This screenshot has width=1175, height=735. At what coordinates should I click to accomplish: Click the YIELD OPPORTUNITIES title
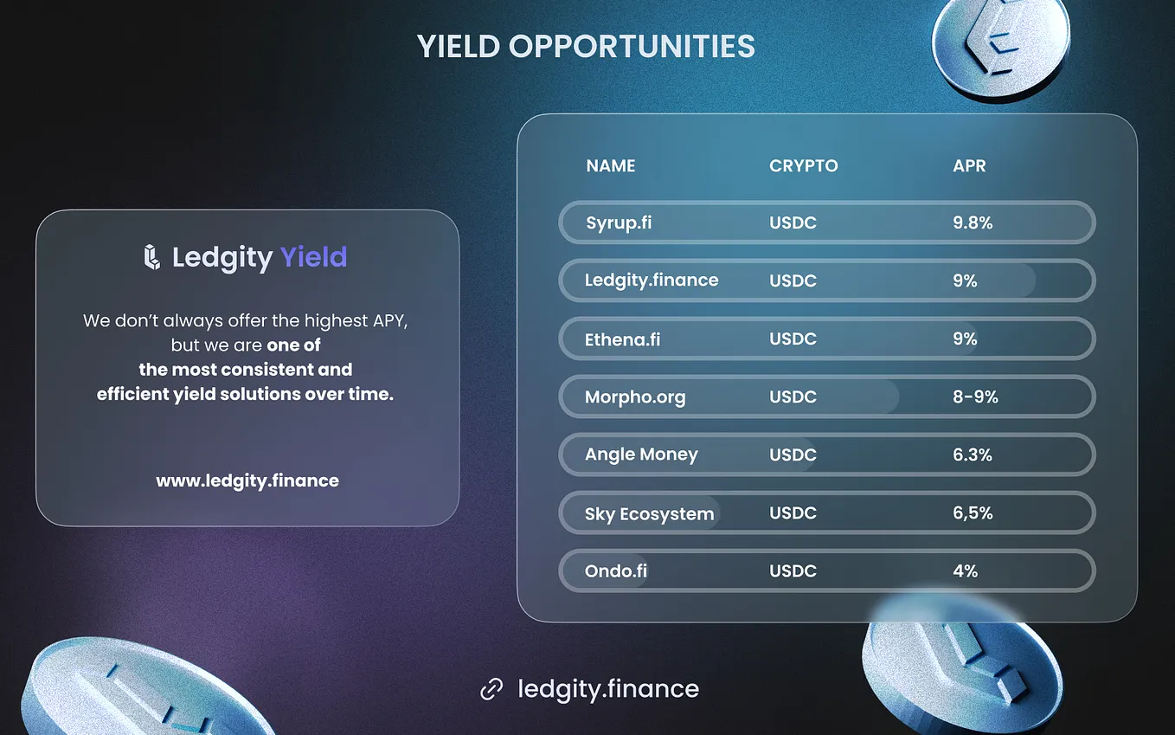(586, 47)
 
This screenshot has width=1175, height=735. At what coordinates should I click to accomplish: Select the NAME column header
(611, 166)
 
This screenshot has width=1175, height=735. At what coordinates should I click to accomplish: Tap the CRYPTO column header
(803, 166)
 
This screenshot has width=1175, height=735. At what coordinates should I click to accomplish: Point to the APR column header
(969, 166)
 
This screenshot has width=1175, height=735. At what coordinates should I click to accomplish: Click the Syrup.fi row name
(619, 222)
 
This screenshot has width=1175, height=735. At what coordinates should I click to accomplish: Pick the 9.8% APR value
(973, 222)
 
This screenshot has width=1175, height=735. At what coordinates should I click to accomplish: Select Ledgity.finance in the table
(652, 280)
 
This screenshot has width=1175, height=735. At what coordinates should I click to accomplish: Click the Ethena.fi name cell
(622, 339)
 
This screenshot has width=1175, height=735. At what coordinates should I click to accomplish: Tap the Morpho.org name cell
(635, 397)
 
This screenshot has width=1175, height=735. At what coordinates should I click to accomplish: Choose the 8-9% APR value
(975, 397)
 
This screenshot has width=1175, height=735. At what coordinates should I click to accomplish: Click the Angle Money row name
(641, 455)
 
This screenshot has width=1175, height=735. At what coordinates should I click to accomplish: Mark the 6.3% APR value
(973, 455)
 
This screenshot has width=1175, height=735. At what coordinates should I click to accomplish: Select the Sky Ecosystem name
(649, 513)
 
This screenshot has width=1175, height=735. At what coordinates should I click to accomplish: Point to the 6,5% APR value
(973, 513)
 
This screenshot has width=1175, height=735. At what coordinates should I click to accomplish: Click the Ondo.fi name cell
(616, 571)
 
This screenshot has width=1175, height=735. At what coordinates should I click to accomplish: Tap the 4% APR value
(965, 571)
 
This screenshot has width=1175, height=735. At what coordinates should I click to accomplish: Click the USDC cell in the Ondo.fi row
(793, 571)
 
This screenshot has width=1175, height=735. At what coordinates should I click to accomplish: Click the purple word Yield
(313, 257)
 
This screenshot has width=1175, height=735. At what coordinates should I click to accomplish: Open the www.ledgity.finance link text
(247, 480)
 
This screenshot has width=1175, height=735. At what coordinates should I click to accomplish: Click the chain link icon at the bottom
(491, 689)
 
